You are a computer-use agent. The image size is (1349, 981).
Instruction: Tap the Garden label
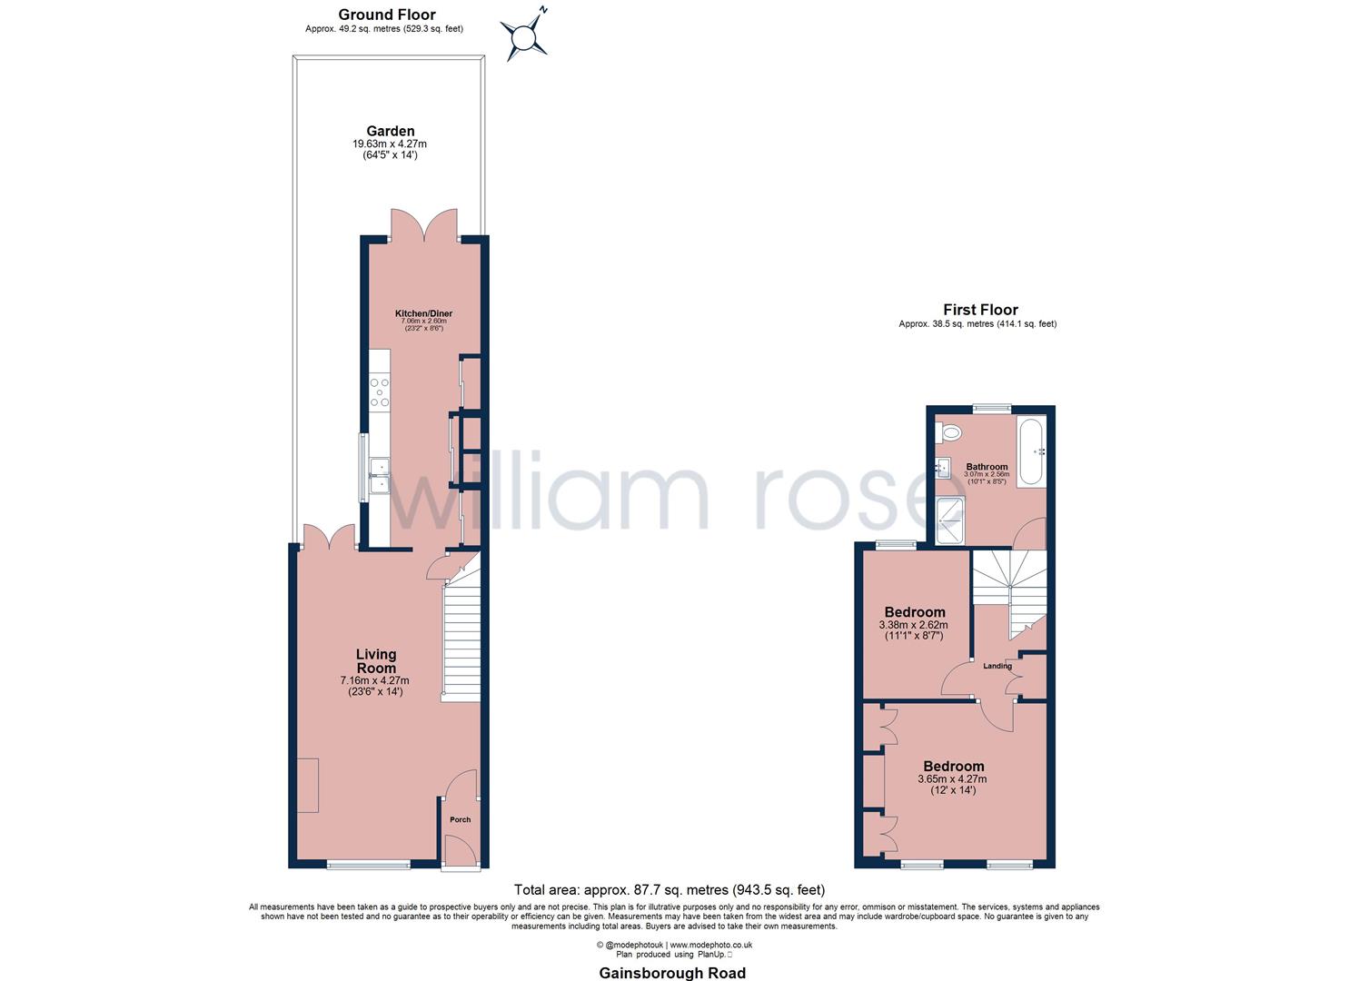click(390, 132)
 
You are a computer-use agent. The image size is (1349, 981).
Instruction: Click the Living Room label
click(376, 660)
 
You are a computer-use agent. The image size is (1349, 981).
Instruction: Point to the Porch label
click(461, 819)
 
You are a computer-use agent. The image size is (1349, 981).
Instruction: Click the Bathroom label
click(987, 467)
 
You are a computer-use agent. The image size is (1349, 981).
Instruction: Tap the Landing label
click(997, 666)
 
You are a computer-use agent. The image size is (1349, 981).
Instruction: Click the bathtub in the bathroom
click(1032, 451)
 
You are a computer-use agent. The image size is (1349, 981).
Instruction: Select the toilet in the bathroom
click(948, 434)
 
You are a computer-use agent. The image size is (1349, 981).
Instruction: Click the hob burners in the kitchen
click(379, 392)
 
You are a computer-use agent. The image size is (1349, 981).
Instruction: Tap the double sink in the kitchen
click(379, 478)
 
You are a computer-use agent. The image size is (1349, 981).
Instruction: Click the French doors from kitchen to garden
click(425, 224)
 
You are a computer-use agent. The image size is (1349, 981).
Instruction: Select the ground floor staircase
click(460, 640)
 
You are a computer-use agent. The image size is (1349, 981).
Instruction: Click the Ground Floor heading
click(386, 15)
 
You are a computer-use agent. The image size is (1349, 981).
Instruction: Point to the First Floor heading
click(980, 310)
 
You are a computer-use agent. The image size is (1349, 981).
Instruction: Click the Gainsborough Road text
click(672, 973)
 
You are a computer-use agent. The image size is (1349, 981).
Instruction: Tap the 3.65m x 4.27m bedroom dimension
click(952, 778)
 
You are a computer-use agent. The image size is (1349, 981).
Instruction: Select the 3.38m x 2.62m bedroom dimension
click(913, 624)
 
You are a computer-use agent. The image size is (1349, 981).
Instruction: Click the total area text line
click(670, 889)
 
